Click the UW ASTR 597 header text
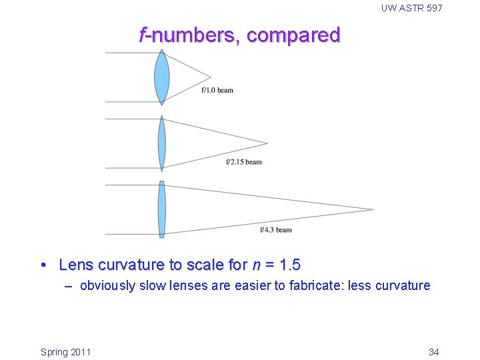pos(411,8)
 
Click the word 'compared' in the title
pos(293,35)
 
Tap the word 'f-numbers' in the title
pos(186,35)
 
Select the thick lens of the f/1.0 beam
pos(161,77)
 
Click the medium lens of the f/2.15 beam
pos(161,143)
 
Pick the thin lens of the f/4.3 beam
pos(161,209)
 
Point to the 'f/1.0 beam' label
pos(217,90)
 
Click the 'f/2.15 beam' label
pos(244,161)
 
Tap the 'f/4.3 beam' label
pos(276,230)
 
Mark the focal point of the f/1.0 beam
pos(211,77)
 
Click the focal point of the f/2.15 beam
pos(267,143)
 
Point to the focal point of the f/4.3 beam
pos(373,210)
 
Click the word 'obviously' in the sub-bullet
pos(107,286)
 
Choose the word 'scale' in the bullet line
pos(206,265)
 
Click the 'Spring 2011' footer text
pos(66,351)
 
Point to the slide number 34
pos(433,351)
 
